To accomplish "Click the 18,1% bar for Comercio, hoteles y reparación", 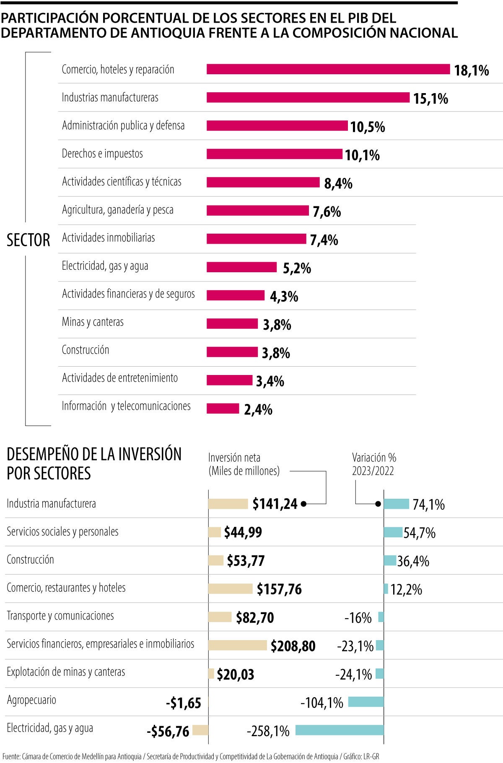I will click(328, 69).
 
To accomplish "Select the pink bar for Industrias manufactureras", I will click(308, 97).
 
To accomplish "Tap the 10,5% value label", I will click(368, 127).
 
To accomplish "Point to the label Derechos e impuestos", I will click(102, 154).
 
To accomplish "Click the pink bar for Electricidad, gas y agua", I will click(241, 267).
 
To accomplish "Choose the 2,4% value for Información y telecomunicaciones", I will click(258, 409).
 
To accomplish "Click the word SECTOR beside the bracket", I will click(28, 240).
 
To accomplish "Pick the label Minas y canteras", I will click(93, 322).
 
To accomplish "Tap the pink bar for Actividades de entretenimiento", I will click(229, 380).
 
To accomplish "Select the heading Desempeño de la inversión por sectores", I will click(94, 464).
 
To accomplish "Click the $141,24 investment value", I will click(275, 504).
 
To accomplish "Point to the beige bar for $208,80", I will click(237, 645).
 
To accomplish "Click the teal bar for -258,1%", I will click(340, 730).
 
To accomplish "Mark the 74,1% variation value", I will click(428, 504).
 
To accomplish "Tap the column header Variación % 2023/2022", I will click(374, 464).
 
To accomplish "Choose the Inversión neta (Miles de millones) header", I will click(244, 464).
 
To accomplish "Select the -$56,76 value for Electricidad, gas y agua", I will click(168, 732).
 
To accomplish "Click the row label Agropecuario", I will click(31, 700).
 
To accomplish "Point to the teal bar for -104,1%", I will click(366, 702).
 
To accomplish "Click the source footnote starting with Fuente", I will click(191, 757).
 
